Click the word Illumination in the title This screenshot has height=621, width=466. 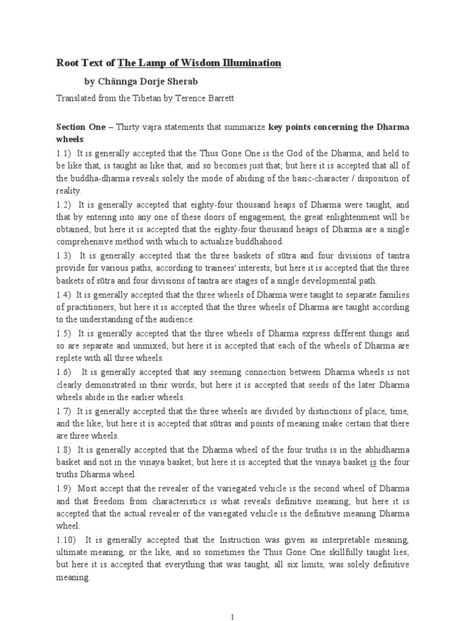tap(249, 62)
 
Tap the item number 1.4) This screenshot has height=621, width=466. tap(64, 295)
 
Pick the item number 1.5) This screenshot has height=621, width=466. tap(64, 334)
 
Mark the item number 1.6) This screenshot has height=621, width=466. tap(64, 372)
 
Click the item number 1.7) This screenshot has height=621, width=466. tap(64, 411)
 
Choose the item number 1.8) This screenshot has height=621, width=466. tap(64, 449)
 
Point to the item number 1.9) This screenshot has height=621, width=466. tap(64, 488)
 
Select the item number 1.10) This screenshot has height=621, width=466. tap(66, 539)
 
